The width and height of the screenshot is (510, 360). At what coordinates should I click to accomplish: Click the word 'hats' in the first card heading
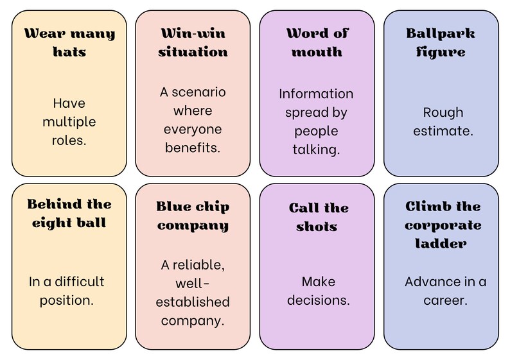69,52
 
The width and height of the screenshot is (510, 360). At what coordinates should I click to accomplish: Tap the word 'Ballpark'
441,33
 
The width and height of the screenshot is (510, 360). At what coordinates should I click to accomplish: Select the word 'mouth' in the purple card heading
317,52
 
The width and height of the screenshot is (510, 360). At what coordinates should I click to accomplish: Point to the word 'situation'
193,52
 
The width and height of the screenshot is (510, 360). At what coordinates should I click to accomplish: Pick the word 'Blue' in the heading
171,207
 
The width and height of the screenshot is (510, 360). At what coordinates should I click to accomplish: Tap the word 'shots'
317,227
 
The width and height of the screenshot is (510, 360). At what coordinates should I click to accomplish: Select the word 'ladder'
441,243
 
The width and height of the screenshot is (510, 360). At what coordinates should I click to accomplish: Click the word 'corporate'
443,225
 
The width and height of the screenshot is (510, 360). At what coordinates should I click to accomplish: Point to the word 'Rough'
443,112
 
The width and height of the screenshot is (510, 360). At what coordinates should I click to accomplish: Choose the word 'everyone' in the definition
193,130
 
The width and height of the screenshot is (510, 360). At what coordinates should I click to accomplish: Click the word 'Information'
316,94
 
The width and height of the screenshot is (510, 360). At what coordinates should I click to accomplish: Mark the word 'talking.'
316,150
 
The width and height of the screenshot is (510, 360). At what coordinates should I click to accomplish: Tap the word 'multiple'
69,122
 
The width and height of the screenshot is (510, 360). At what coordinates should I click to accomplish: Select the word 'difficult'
80,281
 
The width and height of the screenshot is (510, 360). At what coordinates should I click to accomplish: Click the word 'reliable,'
198,265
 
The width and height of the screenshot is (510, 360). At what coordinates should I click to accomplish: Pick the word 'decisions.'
319,300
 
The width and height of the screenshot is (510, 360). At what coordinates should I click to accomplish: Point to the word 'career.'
445,300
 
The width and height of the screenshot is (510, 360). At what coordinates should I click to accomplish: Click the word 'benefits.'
193,148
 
